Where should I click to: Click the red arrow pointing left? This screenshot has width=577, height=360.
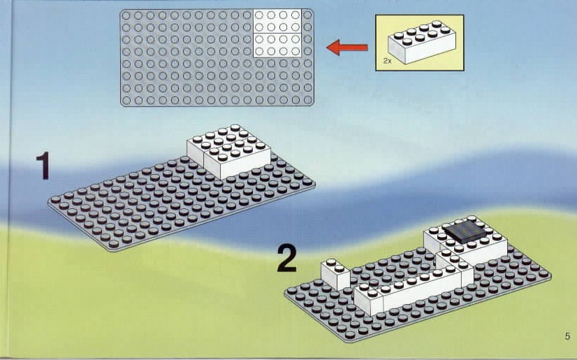pyautogui.click(x=347, y=48)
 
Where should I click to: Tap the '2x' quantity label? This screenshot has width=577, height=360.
pyautogui.click(x=387, y=61)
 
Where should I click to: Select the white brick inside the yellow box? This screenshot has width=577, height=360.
pyautogui.click(x=422, y=43)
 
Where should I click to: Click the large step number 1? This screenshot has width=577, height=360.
pyautogui.click(x=43, y=166)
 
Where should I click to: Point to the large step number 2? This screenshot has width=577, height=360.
pyautogui.click(x=286, y=259)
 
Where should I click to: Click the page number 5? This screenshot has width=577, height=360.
pyautogui.click(x=567, y=336)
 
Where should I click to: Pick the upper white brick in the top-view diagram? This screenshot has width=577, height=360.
pyautogui.click(x=277, y=22)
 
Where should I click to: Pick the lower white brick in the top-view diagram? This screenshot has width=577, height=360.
pyautogui.click(x=277, y=45)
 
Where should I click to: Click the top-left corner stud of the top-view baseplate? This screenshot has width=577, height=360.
pyautogui.click(x=126, y=15)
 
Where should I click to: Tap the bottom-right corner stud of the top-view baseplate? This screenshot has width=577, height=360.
pyautogui.click(x=308, y=100)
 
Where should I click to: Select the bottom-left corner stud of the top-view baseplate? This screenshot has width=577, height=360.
pyautogui.click(x=126, y=100)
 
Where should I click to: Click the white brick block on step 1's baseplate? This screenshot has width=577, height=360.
pyautogui.click(x=229, y=151)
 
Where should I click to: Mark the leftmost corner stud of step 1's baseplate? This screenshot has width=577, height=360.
pyautogui.click(x=56, y=200)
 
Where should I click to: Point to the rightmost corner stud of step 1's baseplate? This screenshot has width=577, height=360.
pyautogui.click(x=307, y=182)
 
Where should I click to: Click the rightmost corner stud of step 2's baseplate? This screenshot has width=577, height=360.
pyautogui.click(x=543, y=273)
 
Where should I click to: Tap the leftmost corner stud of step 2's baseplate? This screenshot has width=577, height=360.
pyautogui.click(x=292, y=291)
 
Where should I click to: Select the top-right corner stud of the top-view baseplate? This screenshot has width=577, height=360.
pyautogui.click(x=308, y=15)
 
